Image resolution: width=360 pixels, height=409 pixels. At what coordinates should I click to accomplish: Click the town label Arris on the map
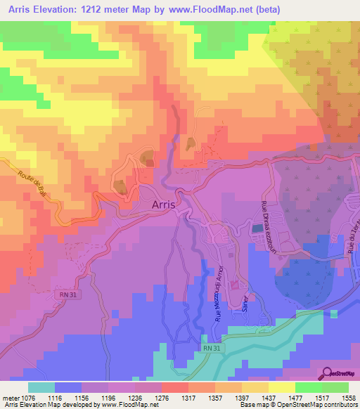(x=167, y=204)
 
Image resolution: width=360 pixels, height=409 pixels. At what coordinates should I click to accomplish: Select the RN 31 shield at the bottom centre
(x=212, y=347)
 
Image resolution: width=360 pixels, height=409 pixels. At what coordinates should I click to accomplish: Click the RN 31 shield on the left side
(x=68, y=294)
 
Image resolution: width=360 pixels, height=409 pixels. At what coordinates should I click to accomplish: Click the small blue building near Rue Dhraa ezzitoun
(x=256, y=227)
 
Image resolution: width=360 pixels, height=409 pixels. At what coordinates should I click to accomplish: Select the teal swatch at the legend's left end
(x=41, y=387)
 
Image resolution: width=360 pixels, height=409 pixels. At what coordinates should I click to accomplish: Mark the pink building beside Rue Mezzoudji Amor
(x=233, y=284)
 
